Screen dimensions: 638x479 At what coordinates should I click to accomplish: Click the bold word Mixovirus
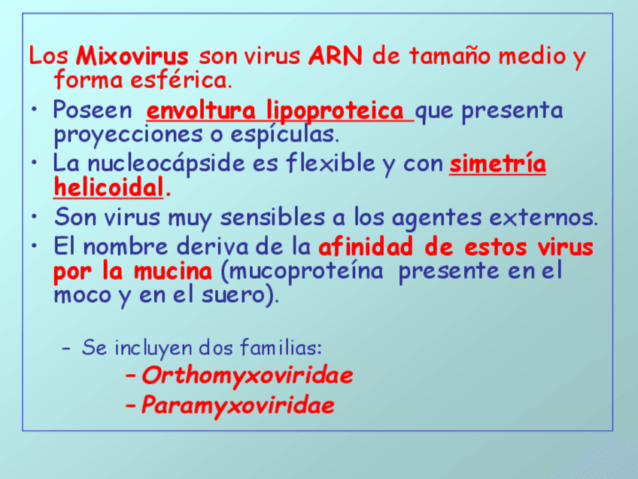132,56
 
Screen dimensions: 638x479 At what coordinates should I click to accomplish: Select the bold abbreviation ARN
336,56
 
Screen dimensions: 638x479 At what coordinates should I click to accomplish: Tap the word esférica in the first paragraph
181,80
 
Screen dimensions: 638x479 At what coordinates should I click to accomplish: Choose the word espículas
285,135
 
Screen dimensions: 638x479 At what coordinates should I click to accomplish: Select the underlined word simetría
497,163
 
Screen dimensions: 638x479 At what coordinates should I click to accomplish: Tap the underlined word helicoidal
108,188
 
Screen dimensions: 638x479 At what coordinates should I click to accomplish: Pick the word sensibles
272,217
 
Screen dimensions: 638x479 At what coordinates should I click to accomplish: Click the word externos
543,218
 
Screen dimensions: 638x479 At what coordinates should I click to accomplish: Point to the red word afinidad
366,247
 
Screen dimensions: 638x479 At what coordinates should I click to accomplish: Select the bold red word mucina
173,271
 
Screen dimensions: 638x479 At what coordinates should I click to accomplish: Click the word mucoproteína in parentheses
302,272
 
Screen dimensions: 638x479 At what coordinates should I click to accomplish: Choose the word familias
281,348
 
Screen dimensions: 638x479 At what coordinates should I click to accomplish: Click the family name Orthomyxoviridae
247,376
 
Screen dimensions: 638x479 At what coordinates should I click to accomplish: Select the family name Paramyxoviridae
238,406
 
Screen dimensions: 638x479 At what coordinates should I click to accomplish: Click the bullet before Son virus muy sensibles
35,217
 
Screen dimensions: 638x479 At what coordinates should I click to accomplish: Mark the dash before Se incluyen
66,349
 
